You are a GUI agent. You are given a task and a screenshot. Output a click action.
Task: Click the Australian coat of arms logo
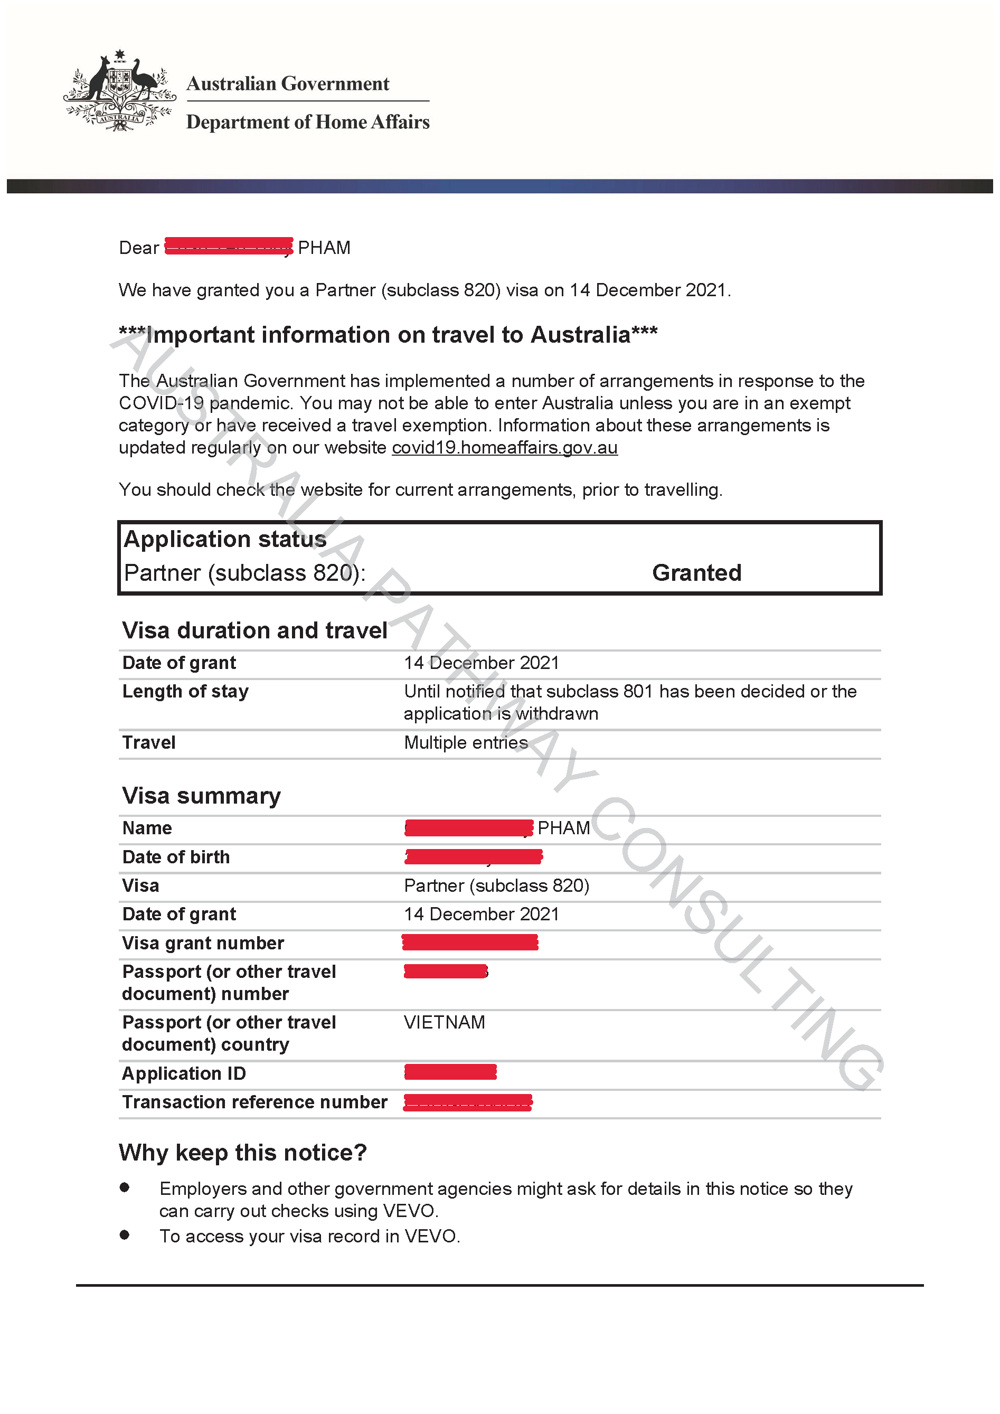(119, 91)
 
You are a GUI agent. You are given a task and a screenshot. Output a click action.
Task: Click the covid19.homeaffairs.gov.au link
(504, 448)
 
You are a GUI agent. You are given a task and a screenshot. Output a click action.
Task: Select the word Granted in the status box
(696, 573)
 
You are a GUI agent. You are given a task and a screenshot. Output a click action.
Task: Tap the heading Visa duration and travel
(254, 630)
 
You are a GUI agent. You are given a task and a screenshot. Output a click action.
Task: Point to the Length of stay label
(185, 692)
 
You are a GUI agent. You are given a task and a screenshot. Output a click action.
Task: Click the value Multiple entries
(466, 743)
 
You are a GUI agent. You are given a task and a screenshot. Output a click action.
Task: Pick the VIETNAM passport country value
(445, 1022)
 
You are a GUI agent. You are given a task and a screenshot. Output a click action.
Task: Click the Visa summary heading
(201, 796)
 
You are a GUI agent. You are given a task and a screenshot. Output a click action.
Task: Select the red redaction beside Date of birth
(474, 856)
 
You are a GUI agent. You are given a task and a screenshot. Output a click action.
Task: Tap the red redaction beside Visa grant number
(470, 942)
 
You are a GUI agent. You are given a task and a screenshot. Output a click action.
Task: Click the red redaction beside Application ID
(450, 1072)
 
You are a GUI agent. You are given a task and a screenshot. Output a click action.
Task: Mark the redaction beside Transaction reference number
(467, 1102)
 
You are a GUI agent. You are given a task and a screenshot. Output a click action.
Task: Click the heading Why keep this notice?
(243, 1152)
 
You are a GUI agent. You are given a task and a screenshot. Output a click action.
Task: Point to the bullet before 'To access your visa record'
(125, 1235)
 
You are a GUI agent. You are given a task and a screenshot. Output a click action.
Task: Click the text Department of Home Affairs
(308, 122)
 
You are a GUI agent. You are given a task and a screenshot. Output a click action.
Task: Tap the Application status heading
(225, 540)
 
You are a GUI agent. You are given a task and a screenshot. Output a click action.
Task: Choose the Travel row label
(149, 743)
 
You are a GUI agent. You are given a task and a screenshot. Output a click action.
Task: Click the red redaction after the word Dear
(229, 247)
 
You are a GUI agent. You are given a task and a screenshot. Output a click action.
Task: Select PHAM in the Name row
(563, 828)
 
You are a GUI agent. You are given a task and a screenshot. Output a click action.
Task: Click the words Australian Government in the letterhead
(288, 84)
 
